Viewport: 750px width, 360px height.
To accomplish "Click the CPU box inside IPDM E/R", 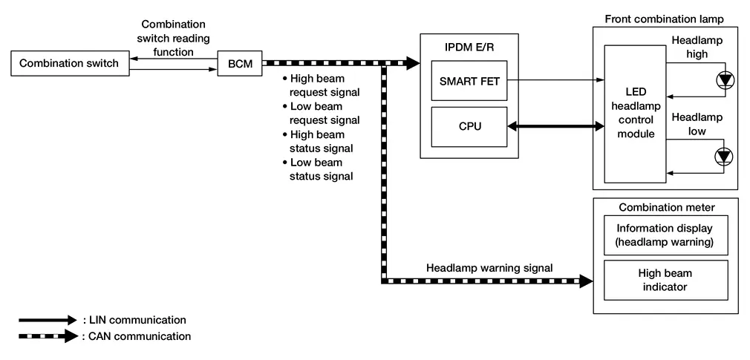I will coord(470,127).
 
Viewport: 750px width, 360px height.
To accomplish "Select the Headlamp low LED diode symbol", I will coord(723,156).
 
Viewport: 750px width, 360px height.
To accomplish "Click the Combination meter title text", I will coord(666,205).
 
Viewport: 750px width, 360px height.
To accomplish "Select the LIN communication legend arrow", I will coord(48,320).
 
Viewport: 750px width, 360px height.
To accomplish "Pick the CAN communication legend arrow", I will coord(48,336).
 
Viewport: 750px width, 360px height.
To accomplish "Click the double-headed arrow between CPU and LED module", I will coord(555,128).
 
